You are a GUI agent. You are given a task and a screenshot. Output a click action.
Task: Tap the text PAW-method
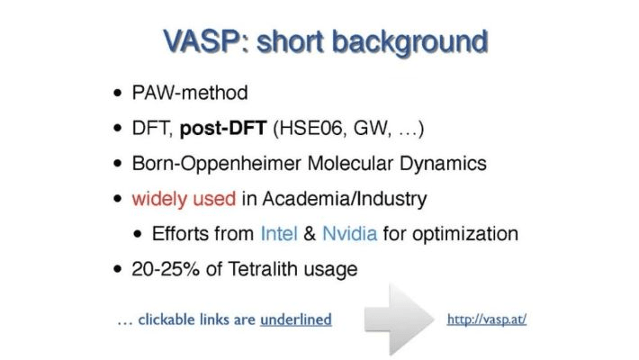point(188,93)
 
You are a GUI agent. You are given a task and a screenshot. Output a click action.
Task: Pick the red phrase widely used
point(183,198)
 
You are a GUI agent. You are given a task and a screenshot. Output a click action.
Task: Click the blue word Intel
point(278,233)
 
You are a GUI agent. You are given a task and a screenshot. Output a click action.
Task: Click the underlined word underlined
point(295,319)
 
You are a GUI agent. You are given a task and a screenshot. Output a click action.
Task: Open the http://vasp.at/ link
point(486,319)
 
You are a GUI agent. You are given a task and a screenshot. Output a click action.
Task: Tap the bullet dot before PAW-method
point(119,94)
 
